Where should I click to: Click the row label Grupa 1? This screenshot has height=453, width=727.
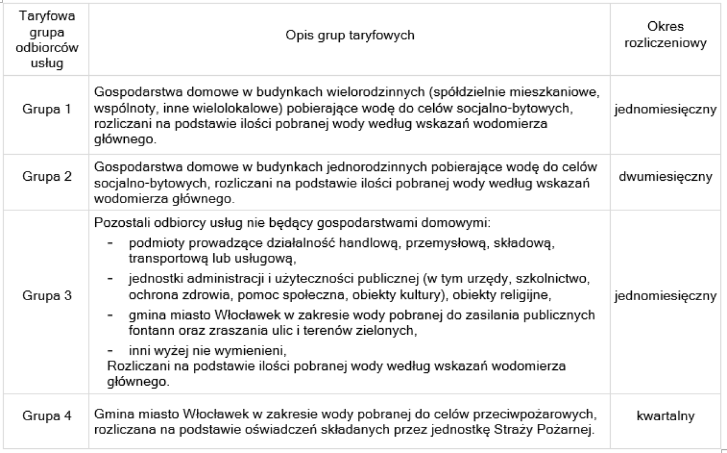[47, 110]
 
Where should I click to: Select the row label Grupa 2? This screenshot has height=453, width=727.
[47, 177]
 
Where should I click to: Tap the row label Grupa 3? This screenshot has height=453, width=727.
[47, 296]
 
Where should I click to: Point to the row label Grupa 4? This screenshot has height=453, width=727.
[47, 417]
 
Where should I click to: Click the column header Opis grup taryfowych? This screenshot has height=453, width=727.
[350, 35]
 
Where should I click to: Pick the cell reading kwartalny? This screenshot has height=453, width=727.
[665, 417]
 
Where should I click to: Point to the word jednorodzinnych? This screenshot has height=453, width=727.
[340, 167]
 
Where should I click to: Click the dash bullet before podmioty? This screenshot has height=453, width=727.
[110, 243]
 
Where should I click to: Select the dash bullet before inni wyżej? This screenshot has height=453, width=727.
[110, 352]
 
